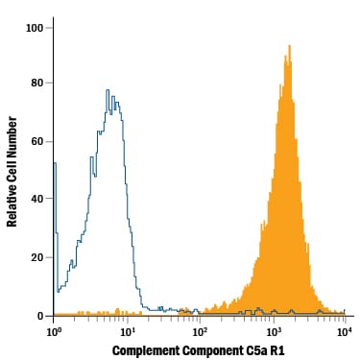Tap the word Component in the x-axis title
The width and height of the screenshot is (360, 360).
click(x=213, y=350)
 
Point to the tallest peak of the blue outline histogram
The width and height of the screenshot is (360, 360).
click(x=108, y=91)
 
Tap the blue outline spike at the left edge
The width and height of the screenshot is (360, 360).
click(x=55, y=164)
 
